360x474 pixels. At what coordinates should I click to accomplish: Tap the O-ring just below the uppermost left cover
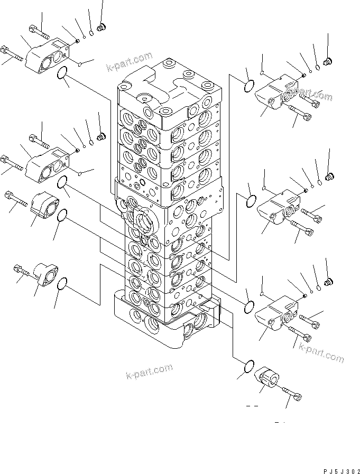[x=62, y=76]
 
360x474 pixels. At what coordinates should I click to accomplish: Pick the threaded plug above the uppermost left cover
[x=102, y=26]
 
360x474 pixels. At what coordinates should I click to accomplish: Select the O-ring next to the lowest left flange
[x=62, y=284]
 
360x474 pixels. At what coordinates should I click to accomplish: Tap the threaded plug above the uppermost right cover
[x=327, y=63]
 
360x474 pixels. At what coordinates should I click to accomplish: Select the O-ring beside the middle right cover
[x=252, y=201]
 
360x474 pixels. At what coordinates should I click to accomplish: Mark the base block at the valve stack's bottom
[x=164, y=325]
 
